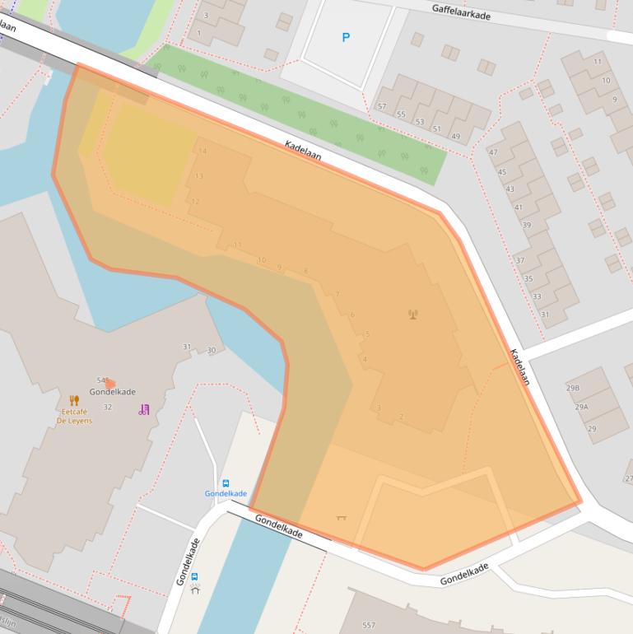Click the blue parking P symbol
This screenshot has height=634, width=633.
(x=345, y=37)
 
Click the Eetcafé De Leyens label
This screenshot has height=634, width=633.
(x=74, y=416)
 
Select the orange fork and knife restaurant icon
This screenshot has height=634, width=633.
(x=74, y=401)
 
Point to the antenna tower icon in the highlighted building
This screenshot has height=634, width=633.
(x=412, y=313)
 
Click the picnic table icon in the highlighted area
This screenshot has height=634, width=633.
(x=342, y=517)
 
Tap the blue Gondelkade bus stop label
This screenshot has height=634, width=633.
(x=226, y=493)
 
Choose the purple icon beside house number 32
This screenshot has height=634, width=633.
(x=144, y=408)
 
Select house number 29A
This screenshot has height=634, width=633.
(x=581, y=407)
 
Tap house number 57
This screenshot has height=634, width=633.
(x=381, y=106)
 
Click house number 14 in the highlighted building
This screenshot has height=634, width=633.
(x=202, y=152)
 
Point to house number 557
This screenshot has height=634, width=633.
(x=368, y=625)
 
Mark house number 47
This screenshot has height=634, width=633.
(x=493, y=153)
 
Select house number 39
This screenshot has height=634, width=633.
(x=526, y=225)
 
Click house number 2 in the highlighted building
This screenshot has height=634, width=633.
(x=401, y=417)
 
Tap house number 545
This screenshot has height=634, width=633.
(x=103, y=380)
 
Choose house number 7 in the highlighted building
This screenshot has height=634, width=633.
(x=337, y=295)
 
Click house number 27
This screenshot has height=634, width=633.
(x=628, y=478)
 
